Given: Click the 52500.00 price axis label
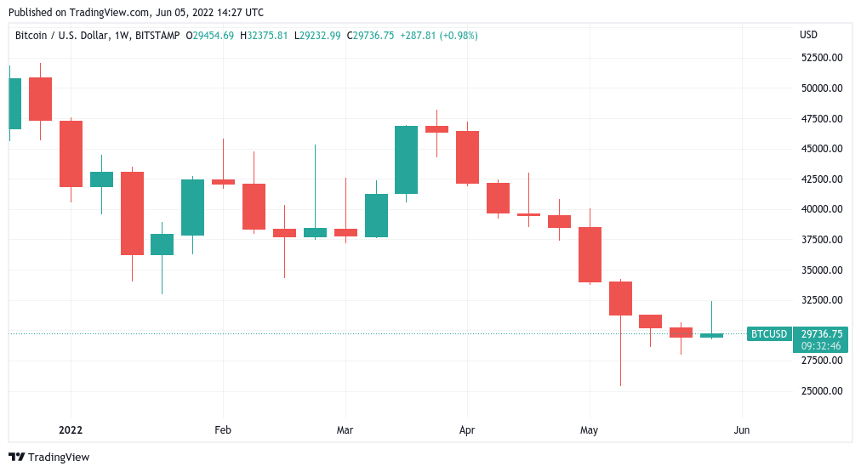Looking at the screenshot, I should click(x=821, y=58).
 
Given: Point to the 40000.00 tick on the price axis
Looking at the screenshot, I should click(x=821, y=209).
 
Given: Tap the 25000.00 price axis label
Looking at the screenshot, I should click(x=821, y=391).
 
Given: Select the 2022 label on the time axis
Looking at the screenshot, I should click(x=71, y=430).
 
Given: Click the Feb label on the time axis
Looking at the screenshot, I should click(x=223, y=430).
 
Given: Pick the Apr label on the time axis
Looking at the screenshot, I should click(x=466, y=430).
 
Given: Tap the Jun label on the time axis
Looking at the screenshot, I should click(x=742, y=430).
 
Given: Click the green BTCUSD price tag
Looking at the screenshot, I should click(x=769, y=334).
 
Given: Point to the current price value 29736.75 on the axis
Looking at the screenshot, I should click(x=822, y=334).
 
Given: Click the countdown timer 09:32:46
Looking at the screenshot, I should click(x=822, y=346).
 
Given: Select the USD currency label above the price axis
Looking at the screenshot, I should click(x=808, y=35).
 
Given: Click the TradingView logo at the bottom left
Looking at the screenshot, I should click(x=49, y=457).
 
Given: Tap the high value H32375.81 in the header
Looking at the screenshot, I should click(x=264, y=36).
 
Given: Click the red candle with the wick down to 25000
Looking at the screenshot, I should click(x=620, y=299).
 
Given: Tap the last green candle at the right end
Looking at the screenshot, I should click(x=711, y=335).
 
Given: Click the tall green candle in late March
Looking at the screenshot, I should click(x=406, y=160).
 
